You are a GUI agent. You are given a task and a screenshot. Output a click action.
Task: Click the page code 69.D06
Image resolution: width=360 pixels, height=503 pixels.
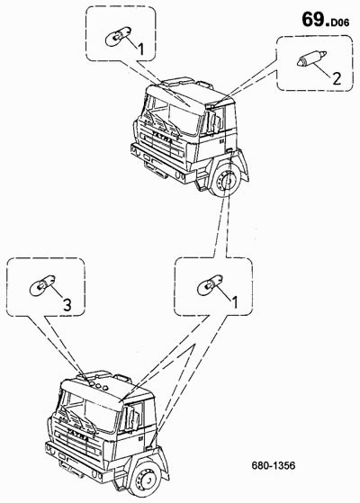[x=325, y=20]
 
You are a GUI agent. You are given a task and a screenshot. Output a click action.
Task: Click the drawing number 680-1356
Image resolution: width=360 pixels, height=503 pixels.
[x=274, y=465]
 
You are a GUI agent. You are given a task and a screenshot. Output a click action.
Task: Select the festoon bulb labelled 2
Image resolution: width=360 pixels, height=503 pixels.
[x=311, y=58]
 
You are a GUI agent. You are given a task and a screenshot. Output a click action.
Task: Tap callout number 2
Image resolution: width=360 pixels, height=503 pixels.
[x=337, y=78]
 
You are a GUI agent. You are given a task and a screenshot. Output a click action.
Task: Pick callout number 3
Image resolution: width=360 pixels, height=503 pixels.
[x=67, y=305]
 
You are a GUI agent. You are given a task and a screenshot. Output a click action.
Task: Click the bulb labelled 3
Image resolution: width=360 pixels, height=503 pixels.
[x=42, y=284]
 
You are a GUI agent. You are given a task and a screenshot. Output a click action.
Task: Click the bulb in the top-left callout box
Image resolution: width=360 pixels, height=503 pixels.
[x=118, y=36]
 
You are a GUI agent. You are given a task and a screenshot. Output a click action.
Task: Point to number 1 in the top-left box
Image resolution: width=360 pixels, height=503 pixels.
[x=141, y=49]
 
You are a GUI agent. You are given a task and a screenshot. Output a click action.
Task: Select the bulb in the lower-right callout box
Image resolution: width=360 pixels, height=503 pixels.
[x=210, y=284]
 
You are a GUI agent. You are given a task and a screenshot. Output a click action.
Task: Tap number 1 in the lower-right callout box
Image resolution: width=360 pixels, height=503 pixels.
[x=235, y=302]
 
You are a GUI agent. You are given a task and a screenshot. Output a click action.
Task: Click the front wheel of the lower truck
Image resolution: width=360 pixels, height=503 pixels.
[x=146, y=481]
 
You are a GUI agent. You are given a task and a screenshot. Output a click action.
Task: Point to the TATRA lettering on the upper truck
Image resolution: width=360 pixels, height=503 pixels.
[x=162, y=137]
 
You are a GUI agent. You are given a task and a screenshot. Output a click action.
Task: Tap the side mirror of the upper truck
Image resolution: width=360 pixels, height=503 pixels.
[x=215, y=121]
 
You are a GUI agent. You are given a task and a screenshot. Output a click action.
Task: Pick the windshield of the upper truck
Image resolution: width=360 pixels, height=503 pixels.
[x=175, y=115]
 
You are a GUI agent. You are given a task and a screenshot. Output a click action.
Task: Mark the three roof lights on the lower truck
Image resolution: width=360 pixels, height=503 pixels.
[x=99, y=385]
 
